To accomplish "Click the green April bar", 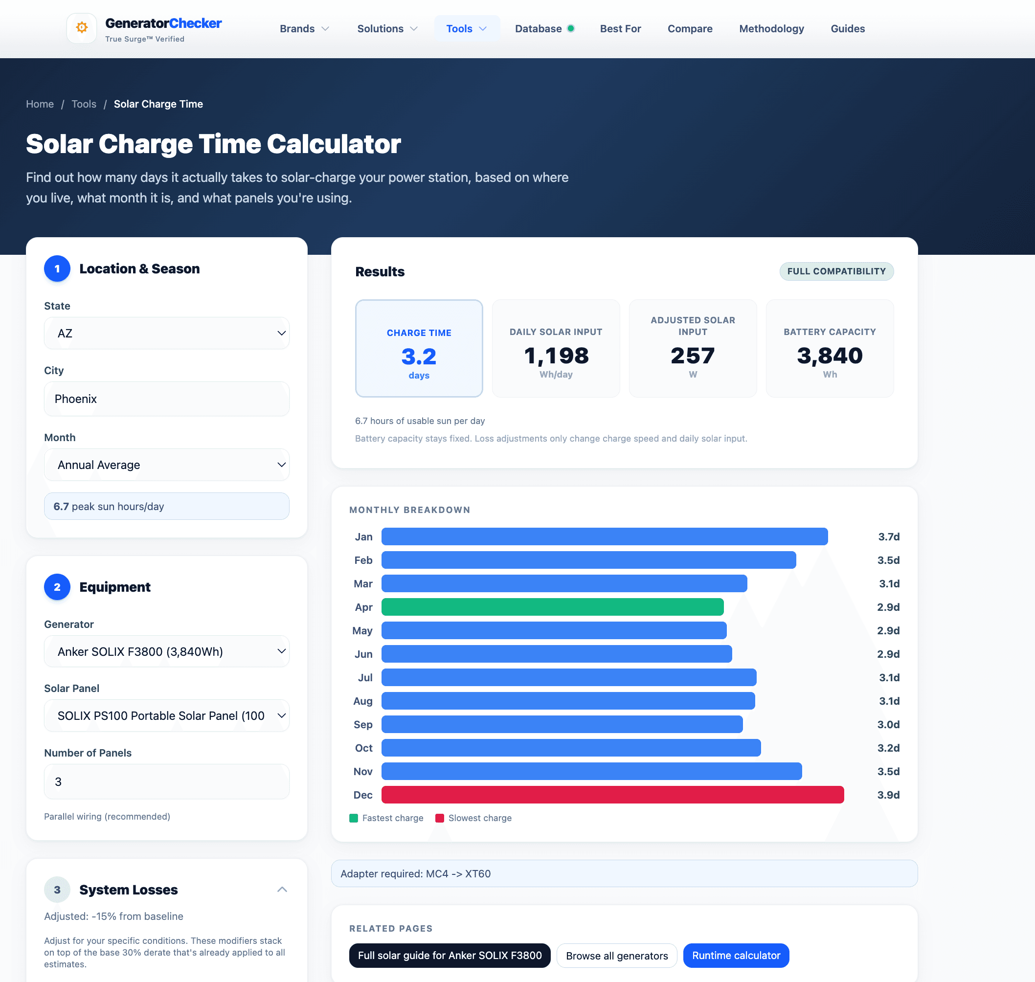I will tap(552, 607).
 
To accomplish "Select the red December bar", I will tap(612, 795).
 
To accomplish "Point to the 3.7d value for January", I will tap(888, 536).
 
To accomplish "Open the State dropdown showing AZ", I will tap(166, 334).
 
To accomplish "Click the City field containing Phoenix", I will tap(166, 399).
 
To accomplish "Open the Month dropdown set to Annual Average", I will tap(166, 465).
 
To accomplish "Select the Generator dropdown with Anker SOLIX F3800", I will tap(166, 651).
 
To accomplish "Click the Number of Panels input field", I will tap(166, 781).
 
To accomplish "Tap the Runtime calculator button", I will tap(736, 955).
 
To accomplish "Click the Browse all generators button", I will tap(616, 955).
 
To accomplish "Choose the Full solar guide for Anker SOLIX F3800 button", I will tap(450, 955).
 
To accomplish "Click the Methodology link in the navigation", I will tap(771, 29).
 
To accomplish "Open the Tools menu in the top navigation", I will tap(466, 29).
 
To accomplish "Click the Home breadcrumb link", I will tap(40, 104).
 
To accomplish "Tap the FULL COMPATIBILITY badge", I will tap(836, 271).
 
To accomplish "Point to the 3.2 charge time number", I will tap(419, 357).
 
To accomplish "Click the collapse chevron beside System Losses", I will tap(282, 890).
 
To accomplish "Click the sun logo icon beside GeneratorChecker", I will tap(82, 28).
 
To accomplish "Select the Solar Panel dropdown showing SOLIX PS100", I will tap(166, 715).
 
